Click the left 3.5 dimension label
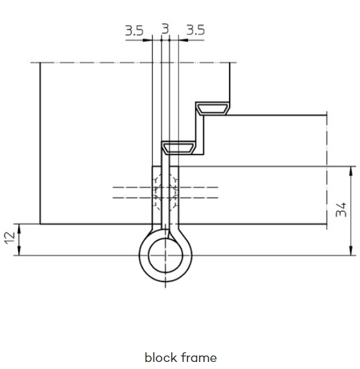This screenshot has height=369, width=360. (134, 31)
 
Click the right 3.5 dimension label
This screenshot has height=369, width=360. (196, 30)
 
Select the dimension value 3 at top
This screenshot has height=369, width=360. (166, 29)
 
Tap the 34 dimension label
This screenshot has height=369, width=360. (341, 209)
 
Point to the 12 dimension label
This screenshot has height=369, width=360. (10, 238)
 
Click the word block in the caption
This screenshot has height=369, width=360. (161, 357)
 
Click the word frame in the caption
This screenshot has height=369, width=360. (199, 357)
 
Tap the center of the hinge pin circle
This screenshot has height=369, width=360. (166, 255)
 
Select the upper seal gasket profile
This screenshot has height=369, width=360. (212, 108)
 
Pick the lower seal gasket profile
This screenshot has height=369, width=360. (178, 148)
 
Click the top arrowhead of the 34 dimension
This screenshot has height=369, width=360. (351, 171)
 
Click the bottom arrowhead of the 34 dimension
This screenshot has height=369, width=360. (351, 251)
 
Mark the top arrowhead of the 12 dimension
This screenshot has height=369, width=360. (19, 228)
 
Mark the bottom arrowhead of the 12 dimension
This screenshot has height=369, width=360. (19, 251)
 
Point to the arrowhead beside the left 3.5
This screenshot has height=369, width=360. (148, 40)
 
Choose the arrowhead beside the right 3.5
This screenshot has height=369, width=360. (184, 40)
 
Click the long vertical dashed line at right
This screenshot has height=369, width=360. (327, 170)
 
